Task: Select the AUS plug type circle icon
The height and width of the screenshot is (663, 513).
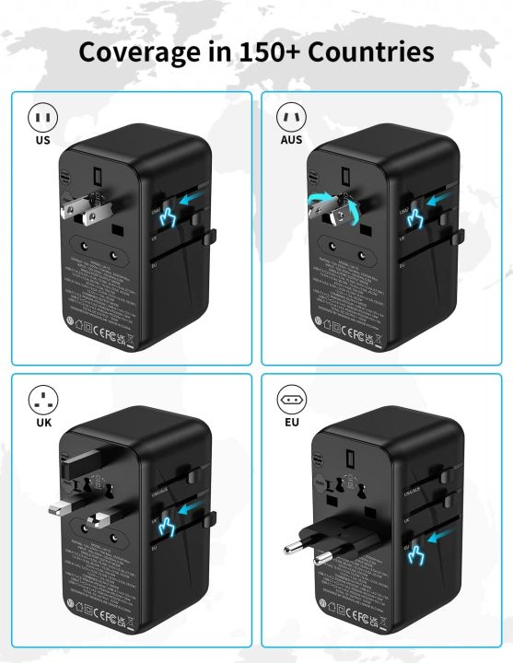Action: click(x=291, y=118)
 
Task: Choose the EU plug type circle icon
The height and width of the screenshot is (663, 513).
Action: click(x=291, y=399)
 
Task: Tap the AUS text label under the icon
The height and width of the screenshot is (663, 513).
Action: click(x=291, y=142)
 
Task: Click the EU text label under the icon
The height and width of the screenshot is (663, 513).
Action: click(x=291, y=423)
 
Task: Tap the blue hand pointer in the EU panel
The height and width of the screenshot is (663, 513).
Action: click(x=418, y=554)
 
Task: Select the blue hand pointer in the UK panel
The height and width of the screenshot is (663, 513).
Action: click(x=169, y=527)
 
